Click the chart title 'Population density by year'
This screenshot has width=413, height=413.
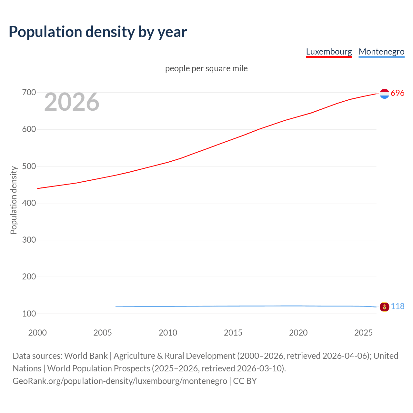coord(98,32)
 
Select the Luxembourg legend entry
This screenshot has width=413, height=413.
coord(329,52)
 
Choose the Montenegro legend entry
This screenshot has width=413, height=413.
coord(381,52)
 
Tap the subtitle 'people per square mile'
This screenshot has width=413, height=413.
coord(206,68)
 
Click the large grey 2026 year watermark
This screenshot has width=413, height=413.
coord(72,102)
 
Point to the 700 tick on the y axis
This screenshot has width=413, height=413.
coord(29,93)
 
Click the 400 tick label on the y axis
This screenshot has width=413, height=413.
coord(29,203)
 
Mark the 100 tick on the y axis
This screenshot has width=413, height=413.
coord(29,314)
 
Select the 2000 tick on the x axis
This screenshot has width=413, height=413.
coord(37,333)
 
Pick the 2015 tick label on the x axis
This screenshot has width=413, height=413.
coord(233,333)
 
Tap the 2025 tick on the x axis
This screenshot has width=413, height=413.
coord(363,333)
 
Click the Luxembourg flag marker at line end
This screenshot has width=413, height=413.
coord(384,94)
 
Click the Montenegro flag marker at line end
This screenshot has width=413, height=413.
coord(384,307)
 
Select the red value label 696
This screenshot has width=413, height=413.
coord(398,93)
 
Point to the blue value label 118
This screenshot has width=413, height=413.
coord(398,306)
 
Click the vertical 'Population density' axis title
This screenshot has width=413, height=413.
coord(14,200)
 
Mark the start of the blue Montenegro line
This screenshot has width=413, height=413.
coord(116,307)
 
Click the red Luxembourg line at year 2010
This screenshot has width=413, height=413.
coord(168,162)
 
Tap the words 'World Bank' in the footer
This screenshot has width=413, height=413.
coord(86,356)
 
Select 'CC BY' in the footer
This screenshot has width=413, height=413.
coord(245,381)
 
